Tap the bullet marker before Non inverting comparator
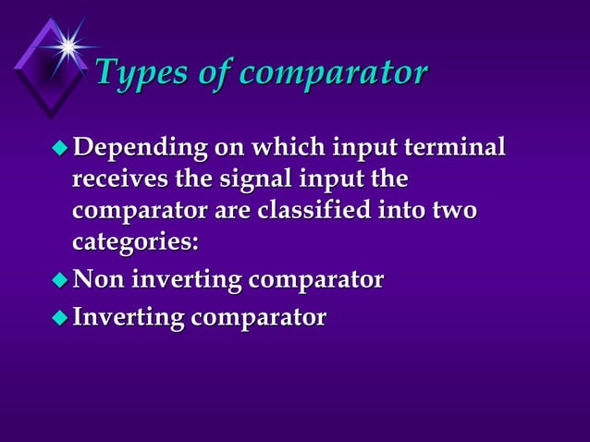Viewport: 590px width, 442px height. [60, 279]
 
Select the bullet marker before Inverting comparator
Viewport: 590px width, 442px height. [60, 318]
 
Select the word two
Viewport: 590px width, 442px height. [454, 210]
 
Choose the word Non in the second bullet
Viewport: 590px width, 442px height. [97, 279]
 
